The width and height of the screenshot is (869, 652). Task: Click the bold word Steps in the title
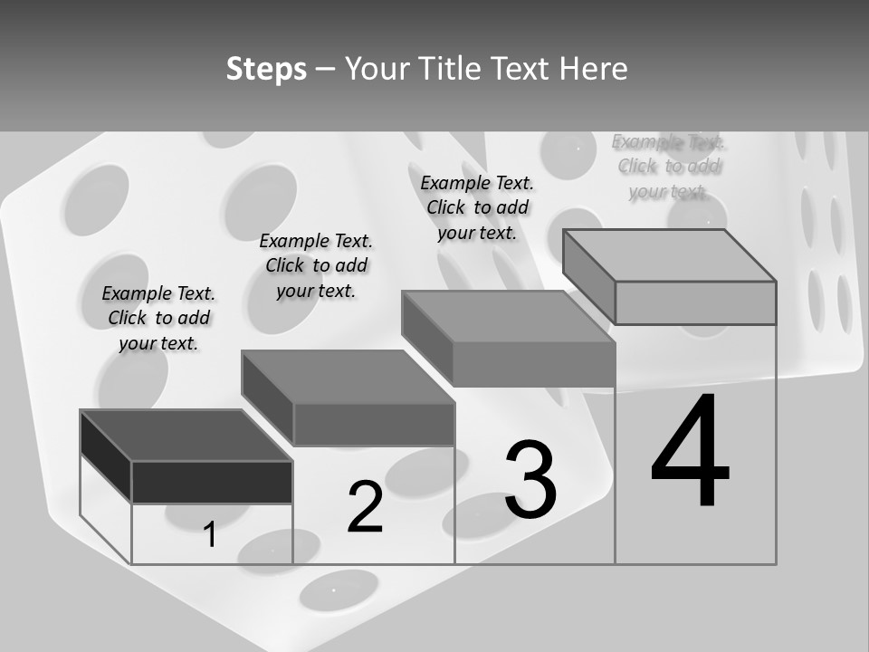pos(266,69)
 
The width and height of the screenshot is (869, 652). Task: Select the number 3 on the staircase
pos(530,480)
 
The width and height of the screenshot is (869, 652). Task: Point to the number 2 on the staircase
pos(366,507)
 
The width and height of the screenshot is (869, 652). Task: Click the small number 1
pos(210,535)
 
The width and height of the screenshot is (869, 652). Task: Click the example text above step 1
pos(158,318)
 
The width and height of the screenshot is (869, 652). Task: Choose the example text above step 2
pos(316,265)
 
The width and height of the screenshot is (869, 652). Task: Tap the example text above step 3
pos(477,207)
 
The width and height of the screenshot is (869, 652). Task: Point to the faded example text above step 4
pos(668,167)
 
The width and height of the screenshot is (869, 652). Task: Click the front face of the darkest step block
pos(212,482)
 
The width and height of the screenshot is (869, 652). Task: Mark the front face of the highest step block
pos(695,302)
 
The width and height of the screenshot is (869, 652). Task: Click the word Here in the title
pos(594,69)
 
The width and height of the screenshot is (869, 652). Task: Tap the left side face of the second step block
pos(267,398)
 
